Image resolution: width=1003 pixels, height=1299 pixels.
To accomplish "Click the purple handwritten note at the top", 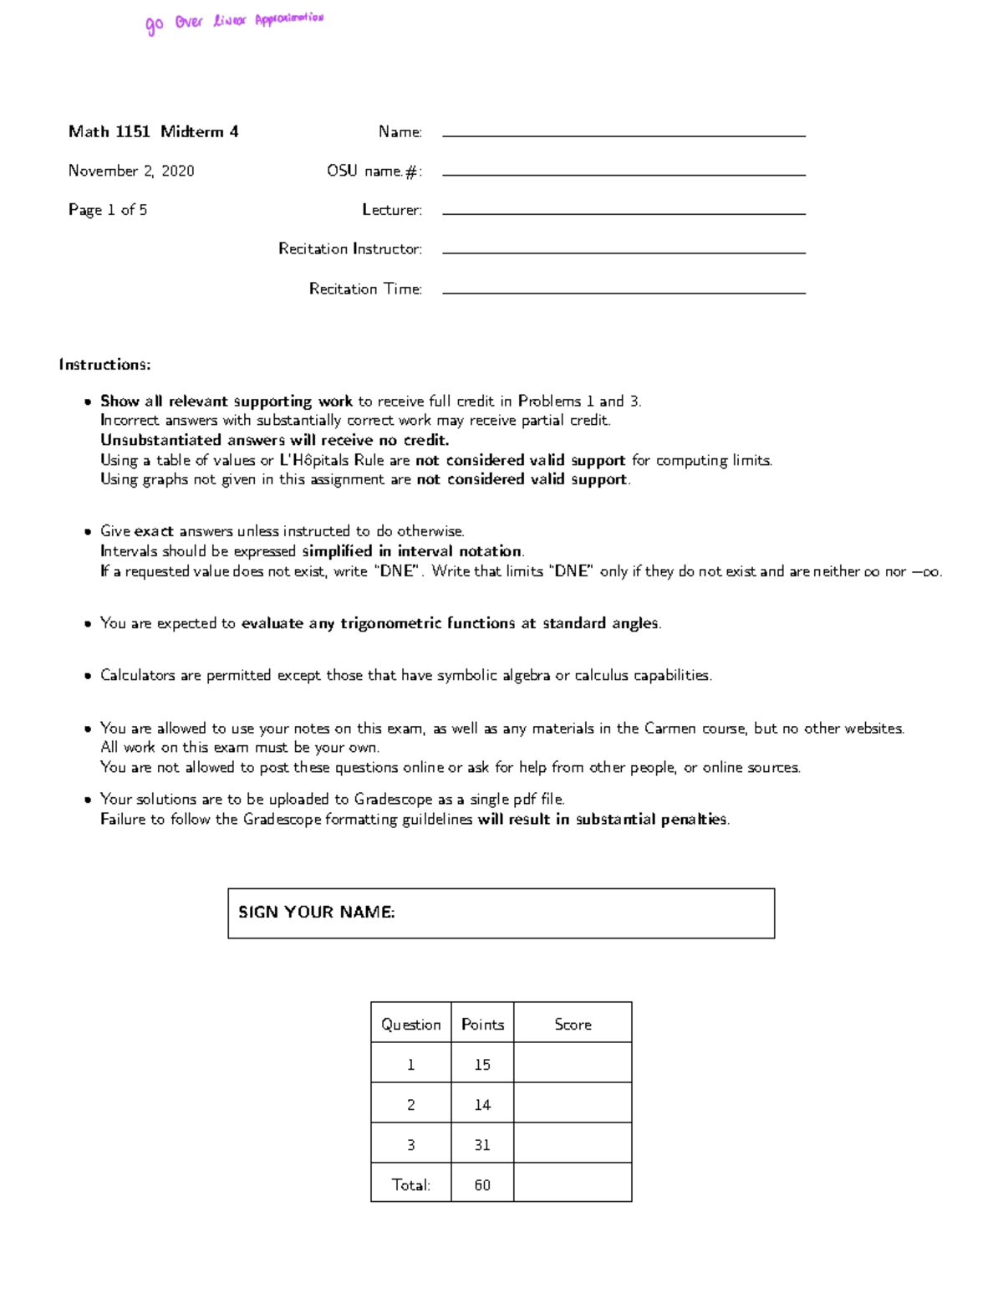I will [234, 22].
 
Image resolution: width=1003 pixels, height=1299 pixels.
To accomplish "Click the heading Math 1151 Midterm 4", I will [153, 131].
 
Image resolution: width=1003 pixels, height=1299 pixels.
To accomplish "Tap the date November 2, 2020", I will [131, 171].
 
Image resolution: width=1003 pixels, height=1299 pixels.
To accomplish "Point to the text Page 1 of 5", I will [108, 210].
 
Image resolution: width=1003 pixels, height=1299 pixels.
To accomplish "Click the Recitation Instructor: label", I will [350, 249].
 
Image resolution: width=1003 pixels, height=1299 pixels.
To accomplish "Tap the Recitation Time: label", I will [365, 289].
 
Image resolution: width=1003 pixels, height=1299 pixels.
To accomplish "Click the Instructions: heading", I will [104, 365].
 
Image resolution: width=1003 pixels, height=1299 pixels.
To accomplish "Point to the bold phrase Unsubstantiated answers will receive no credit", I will [275, 440].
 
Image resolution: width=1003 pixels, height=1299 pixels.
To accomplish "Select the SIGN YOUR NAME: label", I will [317, 913].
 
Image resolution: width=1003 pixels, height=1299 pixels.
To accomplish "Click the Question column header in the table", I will [410, 1025].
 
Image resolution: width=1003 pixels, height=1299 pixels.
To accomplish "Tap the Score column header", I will [573, 1025].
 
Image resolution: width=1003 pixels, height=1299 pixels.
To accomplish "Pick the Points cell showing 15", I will [482, 1065].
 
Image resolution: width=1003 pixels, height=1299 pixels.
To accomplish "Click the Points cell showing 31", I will [482, 1145].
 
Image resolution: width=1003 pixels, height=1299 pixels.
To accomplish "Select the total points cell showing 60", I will [482, 1185].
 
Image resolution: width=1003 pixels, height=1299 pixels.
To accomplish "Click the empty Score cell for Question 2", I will [573, 1105].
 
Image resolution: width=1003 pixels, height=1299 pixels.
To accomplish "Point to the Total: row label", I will [410, 1185].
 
